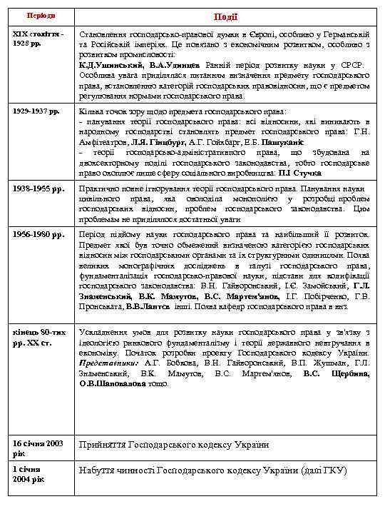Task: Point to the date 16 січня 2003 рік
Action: (39, 448)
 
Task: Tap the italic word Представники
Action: (106, 363)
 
